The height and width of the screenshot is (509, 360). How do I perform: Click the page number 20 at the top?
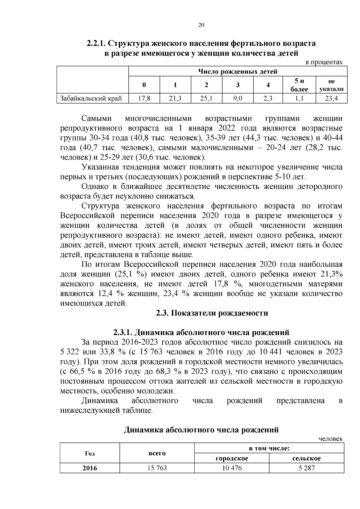pos(201,25)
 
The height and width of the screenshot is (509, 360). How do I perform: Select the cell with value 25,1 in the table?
pos(206,98)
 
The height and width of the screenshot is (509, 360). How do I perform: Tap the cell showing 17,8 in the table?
pos(144,98)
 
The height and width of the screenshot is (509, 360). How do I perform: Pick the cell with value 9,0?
pos(238,98)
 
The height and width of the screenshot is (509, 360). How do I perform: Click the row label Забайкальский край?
pos(91,98)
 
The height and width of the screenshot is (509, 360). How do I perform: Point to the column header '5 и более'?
pos(299,85)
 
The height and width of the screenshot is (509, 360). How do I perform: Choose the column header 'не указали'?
pos(331,85)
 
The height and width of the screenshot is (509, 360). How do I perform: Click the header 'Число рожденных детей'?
pos(237,72)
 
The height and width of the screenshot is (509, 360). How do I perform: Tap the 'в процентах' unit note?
pos(324,62)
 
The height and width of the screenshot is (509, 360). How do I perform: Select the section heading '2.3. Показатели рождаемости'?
pos(212,313)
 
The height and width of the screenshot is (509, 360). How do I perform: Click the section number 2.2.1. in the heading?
pos(96,43)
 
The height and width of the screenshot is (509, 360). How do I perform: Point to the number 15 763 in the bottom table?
pos(157,468)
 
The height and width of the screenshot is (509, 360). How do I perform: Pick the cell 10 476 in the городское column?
pos(232,468)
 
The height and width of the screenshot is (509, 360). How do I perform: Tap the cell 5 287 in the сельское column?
pos(307,468)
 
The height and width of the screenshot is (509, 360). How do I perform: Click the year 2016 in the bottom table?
pos(90,468)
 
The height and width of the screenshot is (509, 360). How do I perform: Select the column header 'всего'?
pos(157,453)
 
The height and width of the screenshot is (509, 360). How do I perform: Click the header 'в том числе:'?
pos(269,448)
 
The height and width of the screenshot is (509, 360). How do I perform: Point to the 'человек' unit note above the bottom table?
pos(330,439)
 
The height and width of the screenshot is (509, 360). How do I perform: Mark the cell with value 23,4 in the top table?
pos(331,98)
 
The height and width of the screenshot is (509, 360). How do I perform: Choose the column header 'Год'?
pos(90,453)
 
